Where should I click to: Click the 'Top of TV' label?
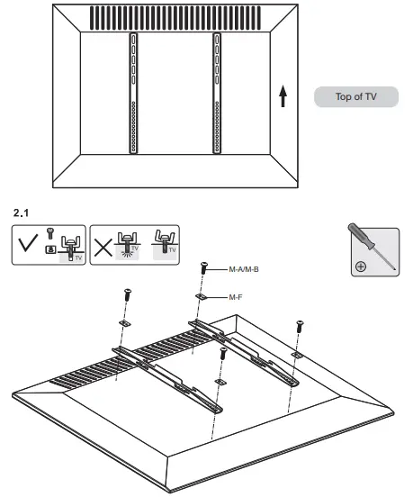[355, 97]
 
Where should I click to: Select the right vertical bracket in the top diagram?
[217, 95]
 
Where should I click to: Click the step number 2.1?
[21, 213]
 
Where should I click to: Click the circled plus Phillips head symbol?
[361, 266]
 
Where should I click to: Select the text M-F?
[237, 295]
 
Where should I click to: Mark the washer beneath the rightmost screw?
[296, 356]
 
